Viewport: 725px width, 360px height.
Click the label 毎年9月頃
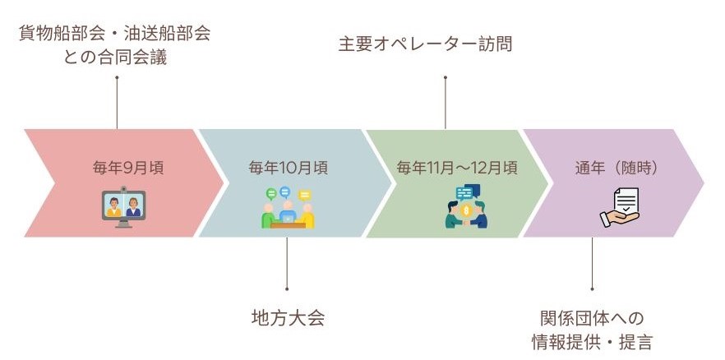pyautogui.click(x=128, y=168)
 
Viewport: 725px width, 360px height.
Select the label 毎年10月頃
pyautogui.click(x=288, y=168)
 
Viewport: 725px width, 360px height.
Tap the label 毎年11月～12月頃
pyautogui.click(x=457, y=168)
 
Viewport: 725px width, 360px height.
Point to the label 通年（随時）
pyautogui.click(x=616, y=168)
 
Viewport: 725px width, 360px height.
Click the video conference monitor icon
pyautogui.click(x=123, y=207)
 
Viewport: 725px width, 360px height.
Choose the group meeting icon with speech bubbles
pyautogui.click(x=288, y=207)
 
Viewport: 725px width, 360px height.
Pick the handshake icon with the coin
pyautogui.click(x=467, y=206)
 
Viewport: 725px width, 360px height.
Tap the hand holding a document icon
pyautogui.click(x=620, y=207)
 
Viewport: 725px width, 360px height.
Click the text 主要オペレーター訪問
pyautogui.click(x=425, y=45)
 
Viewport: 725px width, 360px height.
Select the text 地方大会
pyautogui.click(x=288, y=318)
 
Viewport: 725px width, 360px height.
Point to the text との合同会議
pyautogui.click(x=115, y=58)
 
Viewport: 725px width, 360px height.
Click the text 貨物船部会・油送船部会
pyautogui.click(x=115, y=34)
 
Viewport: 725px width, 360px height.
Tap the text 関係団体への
pyautogui.click(x=592, y=318)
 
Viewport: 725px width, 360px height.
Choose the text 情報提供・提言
pyautogui.click(x=592, y=343)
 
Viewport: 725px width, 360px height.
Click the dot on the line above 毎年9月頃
pyautogui.click(x=117, y=77)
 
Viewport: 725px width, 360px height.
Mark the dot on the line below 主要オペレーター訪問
pyautogui.click(x=446, y=77)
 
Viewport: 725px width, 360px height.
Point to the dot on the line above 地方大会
pyautogui.click(x=287, y=288)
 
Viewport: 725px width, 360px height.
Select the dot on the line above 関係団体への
pyautogui.click(x=592, y=288)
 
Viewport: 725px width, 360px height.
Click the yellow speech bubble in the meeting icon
pyautogui.click(x=304, y=196)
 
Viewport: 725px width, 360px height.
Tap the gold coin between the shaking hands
pyautogui.click(x=466, y=211)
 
